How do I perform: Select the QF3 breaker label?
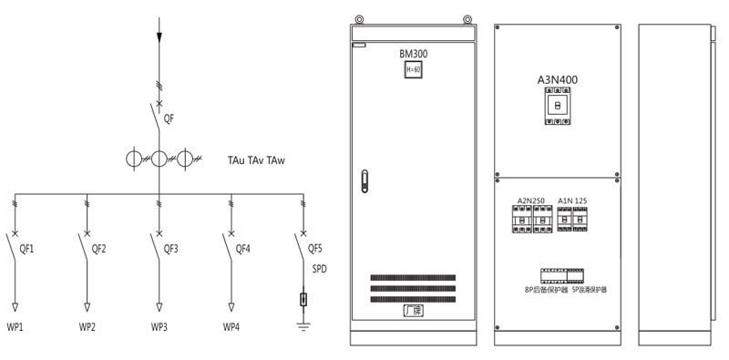[170, 248]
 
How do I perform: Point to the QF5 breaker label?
[315, 248]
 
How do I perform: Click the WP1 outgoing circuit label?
[15, 326]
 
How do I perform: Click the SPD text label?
[319, 270]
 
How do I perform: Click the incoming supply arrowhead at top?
[159, 36]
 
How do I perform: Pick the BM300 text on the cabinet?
[413, 54]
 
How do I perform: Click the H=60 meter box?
[413, 70]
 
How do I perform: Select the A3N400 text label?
[558, 80]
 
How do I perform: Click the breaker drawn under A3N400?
[558, 107]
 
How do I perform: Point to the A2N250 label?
[531, 200]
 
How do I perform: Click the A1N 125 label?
[573, 200]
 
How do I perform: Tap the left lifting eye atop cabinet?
[360, 18]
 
